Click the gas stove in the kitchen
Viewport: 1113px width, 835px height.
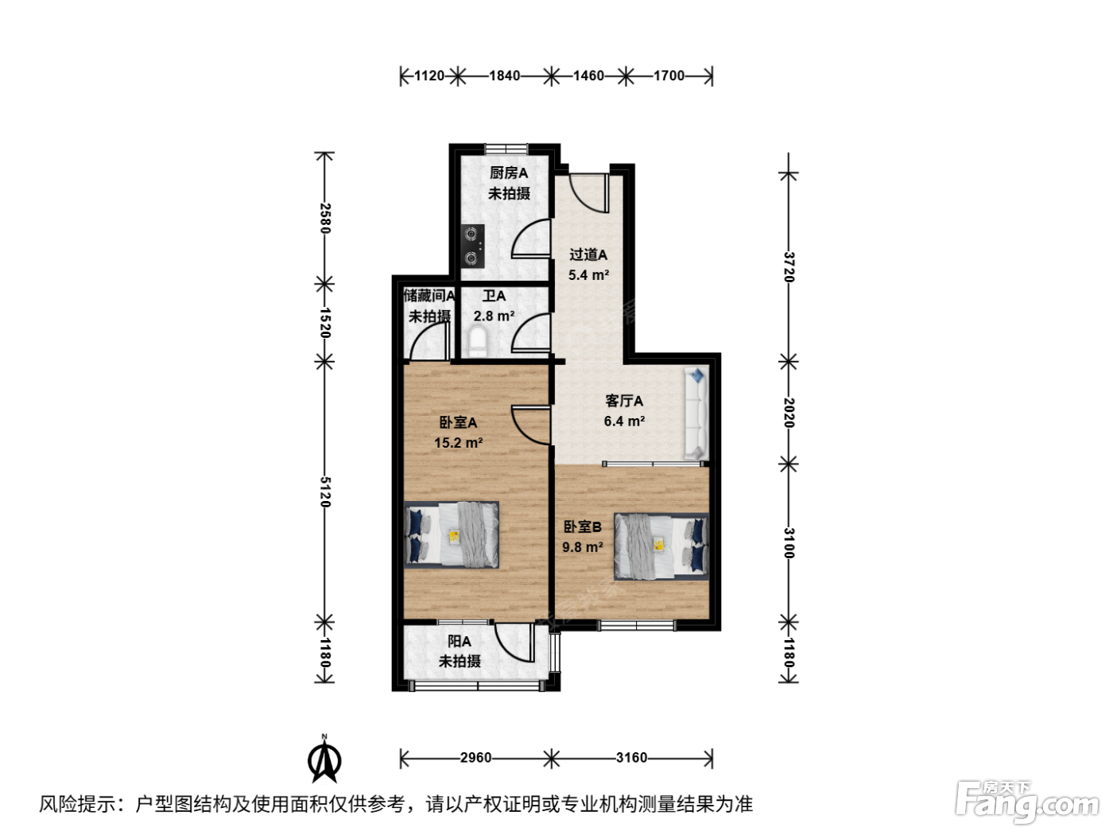pos(471,247)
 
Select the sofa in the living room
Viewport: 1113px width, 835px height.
pos(696,414)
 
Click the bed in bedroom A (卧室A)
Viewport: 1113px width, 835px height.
pos(452,535)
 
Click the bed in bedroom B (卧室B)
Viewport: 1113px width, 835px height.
pos(661,546)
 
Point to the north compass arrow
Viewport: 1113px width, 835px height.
pos(324,760)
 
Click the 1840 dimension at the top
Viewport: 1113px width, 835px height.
pos(505,76)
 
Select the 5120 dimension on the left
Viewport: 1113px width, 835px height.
pos(325,491)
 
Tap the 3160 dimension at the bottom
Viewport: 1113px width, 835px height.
pos(632,757)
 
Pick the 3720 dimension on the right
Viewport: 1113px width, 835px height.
pos(789,267)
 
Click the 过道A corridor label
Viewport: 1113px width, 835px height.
pos(588,254)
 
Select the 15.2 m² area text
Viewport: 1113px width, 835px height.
pos(459,443)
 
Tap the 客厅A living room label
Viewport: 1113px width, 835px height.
pos(624,401)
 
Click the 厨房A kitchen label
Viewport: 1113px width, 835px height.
pos(509,173)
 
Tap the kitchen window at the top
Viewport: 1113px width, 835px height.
pos(506,149)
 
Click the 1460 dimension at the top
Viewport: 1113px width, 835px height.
pos(588,76)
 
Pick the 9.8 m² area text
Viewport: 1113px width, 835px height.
pos(583,547)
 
